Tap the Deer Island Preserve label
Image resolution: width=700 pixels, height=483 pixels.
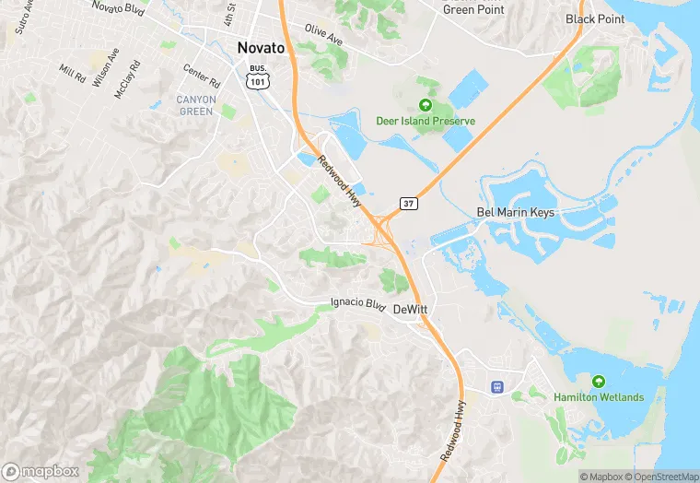coord(426,121)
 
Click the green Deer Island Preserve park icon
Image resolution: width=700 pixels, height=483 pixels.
coord(426,105)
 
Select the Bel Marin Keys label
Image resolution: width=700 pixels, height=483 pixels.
coord(516,212)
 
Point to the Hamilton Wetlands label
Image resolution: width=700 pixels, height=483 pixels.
coord(599,397)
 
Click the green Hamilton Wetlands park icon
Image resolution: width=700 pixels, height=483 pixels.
coord(599,381)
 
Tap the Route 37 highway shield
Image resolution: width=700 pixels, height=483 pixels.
coord(408,202)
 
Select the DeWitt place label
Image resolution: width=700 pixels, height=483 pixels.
coord(412,310)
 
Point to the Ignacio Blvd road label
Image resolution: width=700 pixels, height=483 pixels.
coord(356,302)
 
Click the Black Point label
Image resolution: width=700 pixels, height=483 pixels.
coord(595,18)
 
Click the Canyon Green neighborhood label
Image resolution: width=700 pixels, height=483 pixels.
coord(196,105)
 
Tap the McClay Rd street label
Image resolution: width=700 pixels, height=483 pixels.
coord(128,80)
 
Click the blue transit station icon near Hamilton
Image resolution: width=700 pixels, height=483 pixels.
coord(497,387)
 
